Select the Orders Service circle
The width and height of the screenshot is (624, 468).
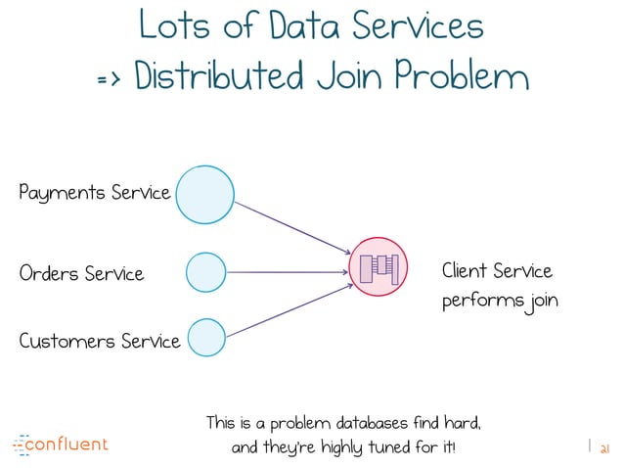[205, 272]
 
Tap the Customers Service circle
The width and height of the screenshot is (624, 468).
[207, 338]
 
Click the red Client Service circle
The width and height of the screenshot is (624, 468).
[379, 266]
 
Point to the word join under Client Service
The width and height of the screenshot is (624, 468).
[540, 301]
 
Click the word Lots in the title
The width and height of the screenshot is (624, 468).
[169, 25]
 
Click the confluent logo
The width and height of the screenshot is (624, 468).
[61, 445]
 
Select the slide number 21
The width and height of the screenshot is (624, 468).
[603, 447]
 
